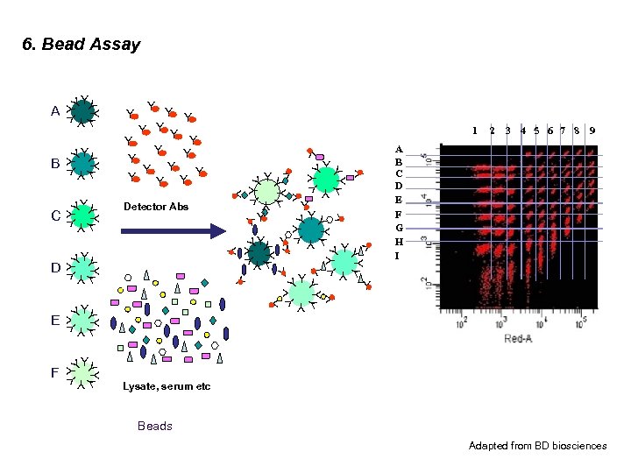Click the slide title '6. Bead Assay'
pyautogui.click(x=81, y=44)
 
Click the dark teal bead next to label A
pyautogui.click(x=82, y=111)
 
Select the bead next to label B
pyautogui.click(x=82, y=163)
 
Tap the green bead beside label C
pyautogui.click(x=82, y=215)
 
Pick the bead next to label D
pyautogui.click(x=82, y=267)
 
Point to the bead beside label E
pyautogui.click(x=82, y=321)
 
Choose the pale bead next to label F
pyautogui.click(x=82, y=373)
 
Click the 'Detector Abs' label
pyautogui.click(x=155, y=207)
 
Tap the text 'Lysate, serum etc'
pyautogui.click(x=167, y=386)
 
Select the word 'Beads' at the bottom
pyautogui.click(x=155, y=427)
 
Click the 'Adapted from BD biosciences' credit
pyautogui.click(x=537, y=446)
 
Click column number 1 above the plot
pyautogui.click(x=475, y=131)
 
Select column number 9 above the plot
pyautogui.click(x=592, y=131)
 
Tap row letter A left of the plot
pyautogui.click(x=399, y=150)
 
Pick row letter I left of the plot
pyautogui.click(x=398, y=256)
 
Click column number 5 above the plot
pyautogui.click(x=536, y=131)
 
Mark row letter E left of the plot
pyautogui.click(x=399, y=199)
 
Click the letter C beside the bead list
pyautogui.click(x=55, y=215)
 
